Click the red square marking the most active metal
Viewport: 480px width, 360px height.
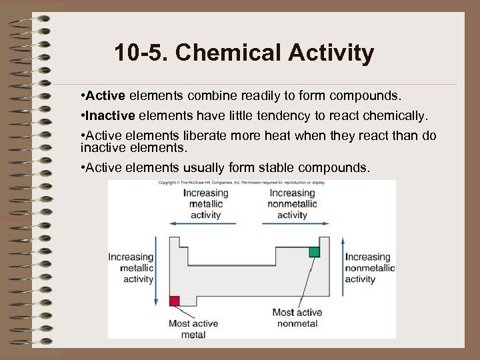[x=175, y=301]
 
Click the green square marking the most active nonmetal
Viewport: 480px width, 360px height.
[x=314, y=251]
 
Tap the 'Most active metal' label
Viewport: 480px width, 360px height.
[x=193, y=329]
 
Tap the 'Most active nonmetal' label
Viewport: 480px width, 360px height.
[x=297, y=317]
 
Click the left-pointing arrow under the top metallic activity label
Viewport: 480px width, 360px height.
[x=200, y=224]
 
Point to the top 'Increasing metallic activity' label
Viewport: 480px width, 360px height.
[x=205, y=203]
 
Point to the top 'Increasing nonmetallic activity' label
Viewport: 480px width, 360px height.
[x=292, y=203]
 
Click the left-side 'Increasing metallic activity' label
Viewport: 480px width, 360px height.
[x=131, y=268]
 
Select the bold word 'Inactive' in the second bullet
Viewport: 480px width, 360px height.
[x=109, y=115]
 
